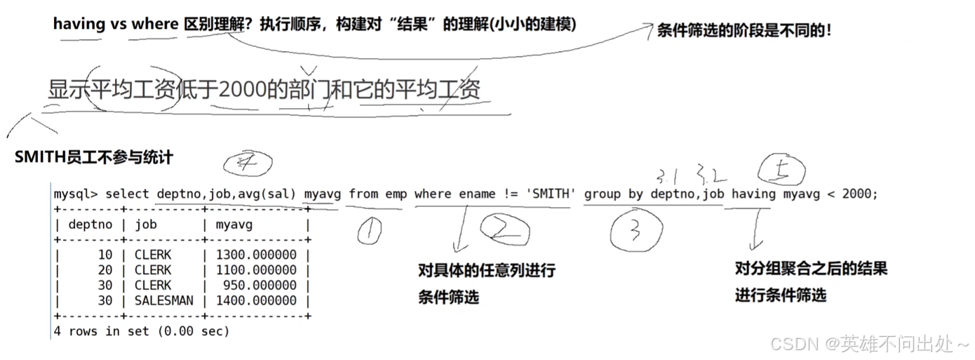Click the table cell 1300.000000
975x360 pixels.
[256, 255]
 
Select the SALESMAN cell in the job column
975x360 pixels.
[163, 300]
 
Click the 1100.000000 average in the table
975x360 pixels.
[256, 270]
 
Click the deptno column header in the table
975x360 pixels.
[90, 225]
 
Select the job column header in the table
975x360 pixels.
[145, 225]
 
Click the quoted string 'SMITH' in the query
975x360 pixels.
[550, 194]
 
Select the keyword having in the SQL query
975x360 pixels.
[754, 194]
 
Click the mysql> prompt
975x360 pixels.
[76, 194]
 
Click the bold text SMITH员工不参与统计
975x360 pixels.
[93, 157]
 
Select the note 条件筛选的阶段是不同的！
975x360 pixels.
[744, 30]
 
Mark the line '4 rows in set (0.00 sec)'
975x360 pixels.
[141, 331]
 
